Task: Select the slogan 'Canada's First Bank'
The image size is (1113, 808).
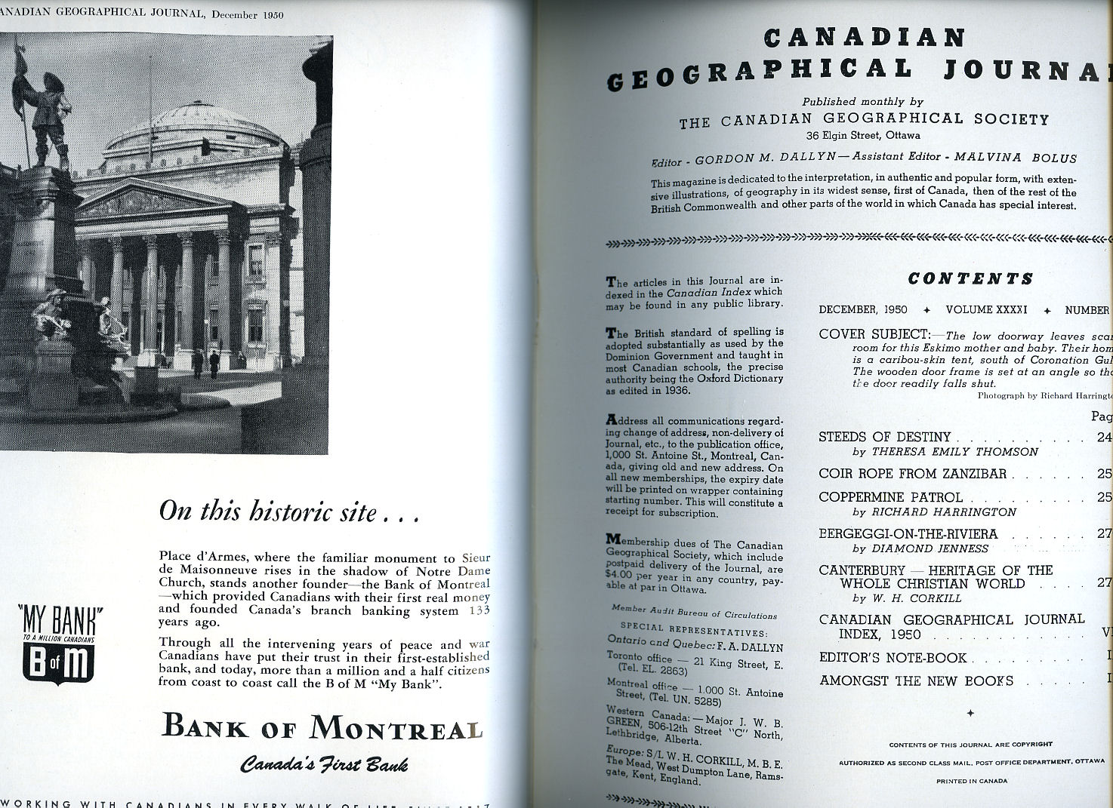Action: pos(324,764)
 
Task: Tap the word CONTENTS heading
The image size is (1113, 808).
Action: pos(970,278)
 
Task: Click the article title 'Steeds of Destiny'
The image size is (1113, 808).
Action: pos(884,437)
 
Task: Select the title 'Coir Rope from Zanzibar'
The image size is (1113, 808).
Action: pos(912,474)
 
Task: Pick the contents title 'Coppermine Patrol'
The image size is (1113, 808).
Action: pos(890,497)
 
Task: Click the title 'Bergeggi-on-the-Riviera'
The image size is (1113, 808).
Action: pos(908,534)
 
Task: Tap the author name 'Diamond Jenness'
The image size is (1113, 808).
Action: pos(930,548)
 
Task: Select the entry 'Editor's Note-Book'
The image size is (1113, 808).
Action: pos(893,658)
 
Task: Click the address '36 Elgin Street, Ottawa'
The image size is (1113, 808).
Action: pos(862,136)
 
